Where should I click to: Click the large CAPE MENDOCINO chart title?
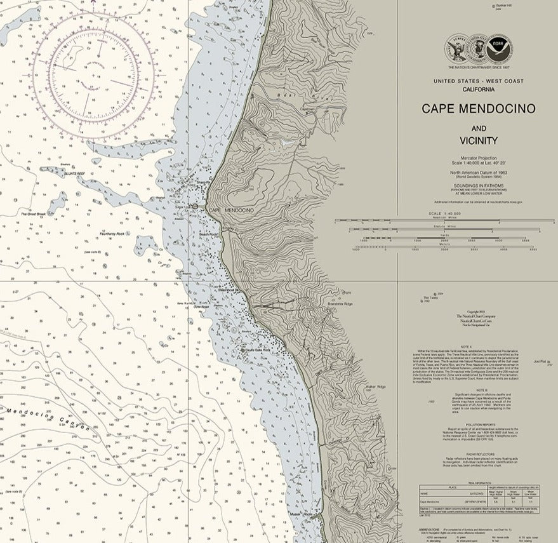(x=478, y=109)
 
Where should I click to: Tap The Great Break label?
(x=32, y=214)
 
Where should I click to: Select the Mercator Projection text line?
(x=478, y=157)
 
